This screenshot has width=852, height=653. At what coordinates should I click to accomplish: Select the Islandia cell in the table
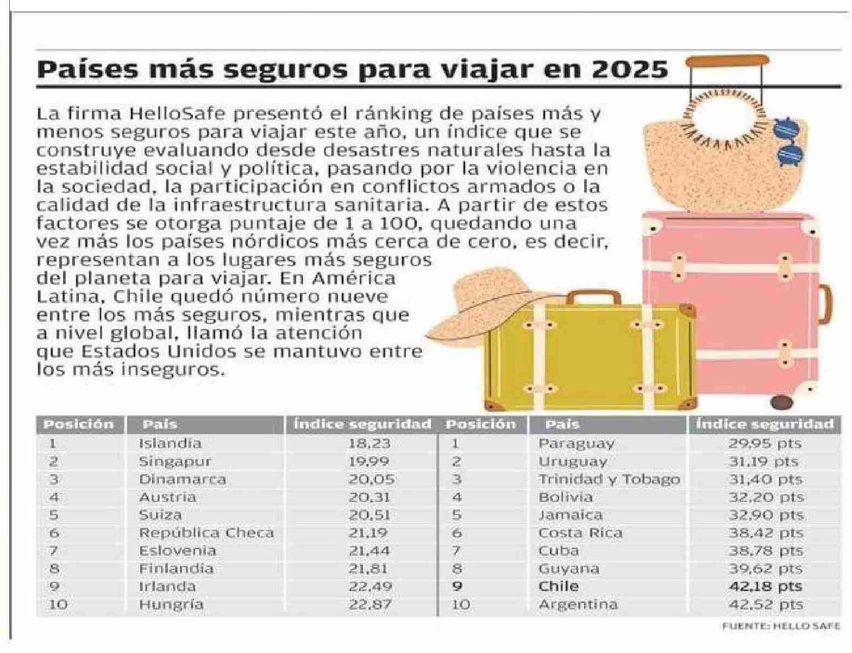(x=170, y=443)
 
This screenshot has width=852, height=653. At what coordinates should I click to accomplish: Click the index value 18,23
(x=369, y=443)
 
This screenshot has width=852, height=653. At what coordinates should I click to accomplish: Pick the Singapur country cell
(x=175, y=461)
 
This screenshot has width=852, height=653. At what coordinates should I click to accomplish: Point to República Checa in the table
(x=206, y=533)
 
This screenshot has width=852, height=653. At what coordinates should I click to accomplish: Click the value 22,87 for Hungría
(x=370, y=605)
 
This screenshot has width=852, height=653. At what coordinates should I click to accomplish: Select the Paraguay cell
(x=576, y=444)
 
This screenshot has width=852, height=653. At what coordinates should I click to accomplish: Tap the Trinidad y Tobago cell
(x=609, y=479)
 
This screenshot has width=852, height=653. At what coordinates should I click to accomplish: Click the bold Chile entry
(x=559, y=586)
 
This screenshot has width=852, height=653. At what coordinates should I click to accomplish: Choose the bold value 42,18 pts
(x=765, y=587)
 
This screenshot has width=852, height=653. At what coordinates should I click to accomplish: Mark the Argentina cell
(x=578, y=605)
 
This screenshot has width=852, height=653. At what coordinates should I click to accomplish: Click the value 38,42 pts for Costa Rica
(x=765, y=533)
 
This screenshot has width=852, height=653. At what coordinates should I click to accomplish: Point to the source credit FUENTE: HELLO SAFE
(x=781, y=626)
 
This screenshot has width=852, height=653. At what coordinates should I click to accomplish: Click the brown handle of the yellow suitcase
(x=593, y=296)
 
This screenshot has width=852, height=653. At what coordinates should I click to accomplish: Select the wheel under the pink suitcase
(x=781, y=402)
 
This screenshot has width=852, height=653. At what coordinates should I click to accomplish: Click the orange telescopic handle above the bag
(x=727, y=60)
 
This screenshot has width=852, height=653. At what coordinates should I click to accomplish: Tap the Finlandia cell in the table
(x=176, y=569)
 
